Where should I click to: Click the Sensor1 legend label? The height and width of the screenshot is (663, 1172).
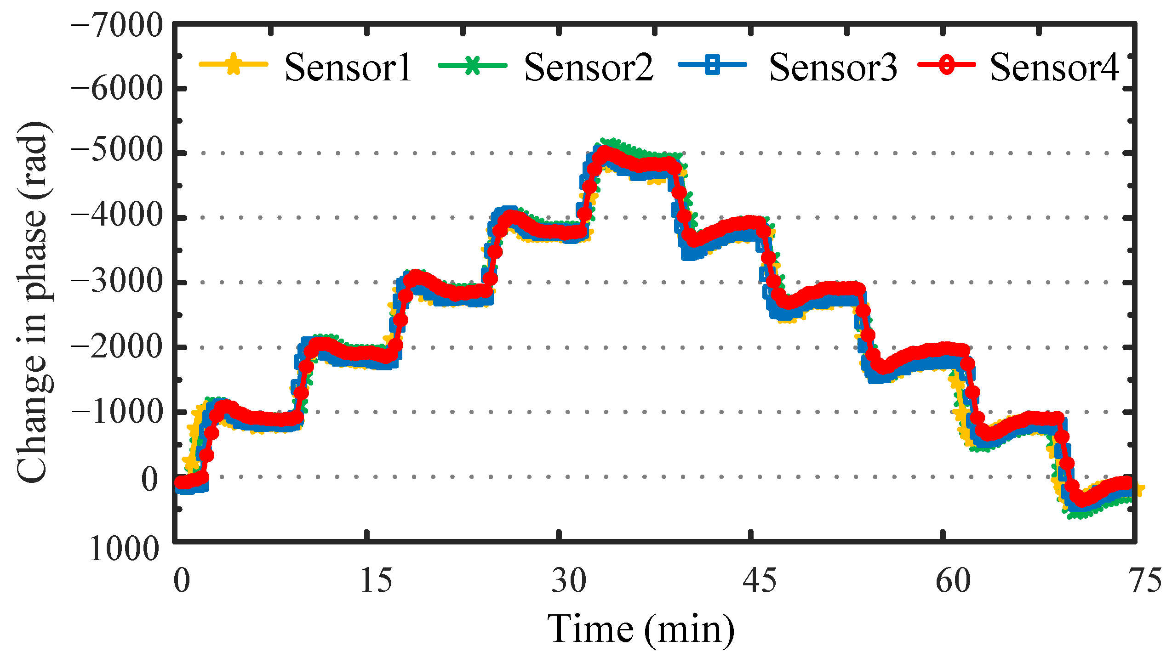click(348, 68)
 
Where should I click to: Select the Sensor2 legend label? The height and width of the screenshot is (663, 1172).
click(588, 68)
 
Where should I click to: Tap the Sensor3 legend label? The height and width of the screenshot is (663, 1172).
click(832, 68)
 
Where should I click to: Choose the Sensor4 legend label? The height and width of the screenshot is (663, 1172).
click(1054, 68)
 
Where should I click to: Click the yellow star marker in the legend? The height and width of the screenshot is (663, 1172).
click(234, 64)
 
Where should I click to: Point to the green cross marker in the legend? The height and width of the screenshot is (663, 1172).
click(472, 65)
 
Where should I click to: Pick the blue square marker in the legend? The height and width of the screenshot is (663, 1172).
click(712, 65)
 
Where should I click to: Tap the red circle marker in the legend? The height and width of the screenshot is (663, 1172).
click(947, 65)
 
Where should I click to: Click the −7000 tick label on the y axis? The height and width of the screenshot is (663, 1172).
click(117, 25)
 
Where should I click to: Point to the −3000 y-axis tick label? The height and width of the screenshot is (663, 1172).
click(117, 281)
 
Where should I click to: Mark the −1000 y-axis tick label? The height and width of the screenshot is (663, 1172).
click(117, 410)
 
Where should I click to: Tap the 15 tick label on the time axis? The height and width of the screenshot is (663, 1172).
click(376, 580)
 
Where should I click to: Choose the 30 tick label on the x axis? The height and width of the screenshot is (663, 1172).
click(569, 580)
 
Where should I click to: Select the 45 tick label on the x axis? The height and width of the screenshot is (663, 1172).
click(760, 580)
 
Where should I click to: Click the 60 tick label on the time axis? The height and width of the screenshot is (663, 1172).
click(953, 580)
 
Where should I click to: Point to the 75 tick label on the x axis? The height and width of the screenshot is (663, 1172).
click(1145, 580)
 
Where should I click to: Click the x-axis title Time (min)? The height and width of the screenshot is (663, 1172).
click(641, 629)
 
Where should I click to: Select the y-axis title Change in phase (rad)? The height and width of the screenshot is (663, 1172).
click(32, 302)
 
